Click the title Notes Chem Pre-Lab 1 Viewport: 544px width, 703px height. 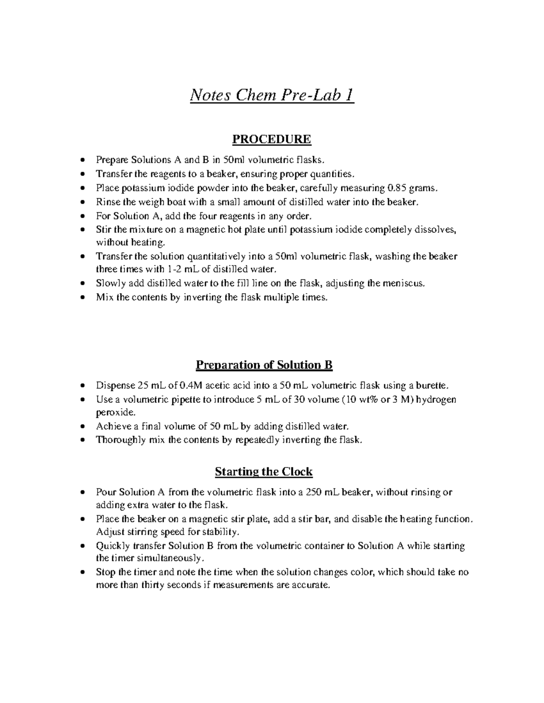pos(272,96)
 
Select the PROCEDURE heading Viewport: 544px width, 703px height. pos(272,139)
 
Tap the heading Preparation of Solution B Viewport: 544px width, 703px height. pos(264,365)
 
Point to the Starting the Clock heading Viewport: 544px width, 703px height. pos(263,472)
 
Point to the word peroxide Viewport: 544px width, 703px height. pos(115,413)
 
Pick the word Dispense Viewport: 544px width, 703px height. pos(114,386)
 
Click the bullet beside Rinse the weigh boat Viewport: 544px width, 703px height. pos(82,202)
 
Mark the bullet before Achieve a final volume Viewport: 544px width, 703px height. pos(82,426)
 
